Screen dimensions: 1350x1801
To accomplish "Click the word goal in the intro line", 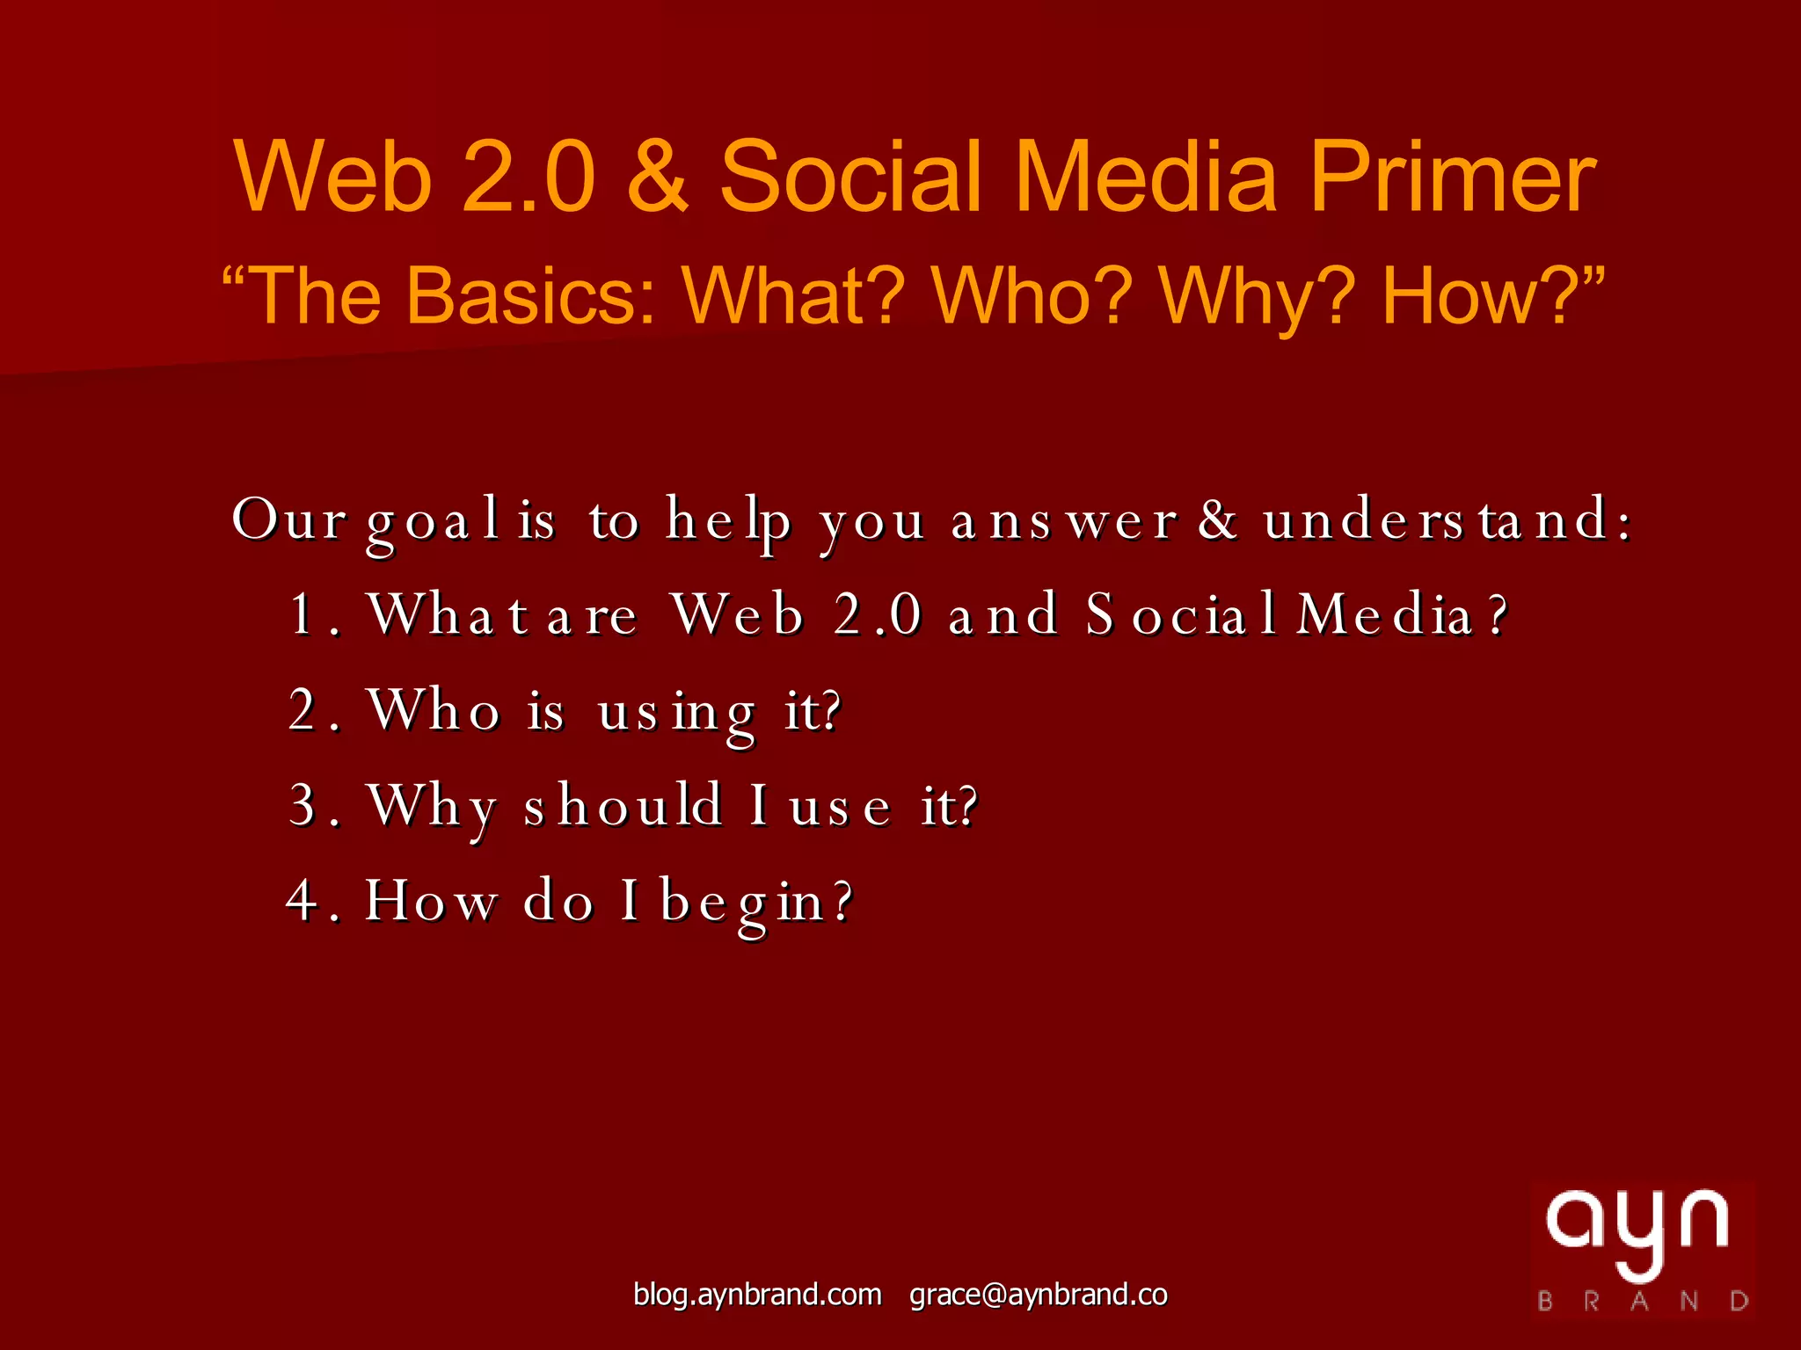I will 433,520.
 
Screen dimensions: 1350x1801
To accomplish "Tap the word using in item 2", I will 676,712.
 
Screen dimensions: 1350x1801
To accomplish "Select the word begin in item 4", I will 755,902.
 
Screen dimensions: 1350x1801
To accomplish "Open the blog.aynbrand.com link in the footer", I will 757,1295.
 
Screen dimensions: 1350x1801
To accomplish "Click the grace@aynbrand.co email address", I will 1038,1295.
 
